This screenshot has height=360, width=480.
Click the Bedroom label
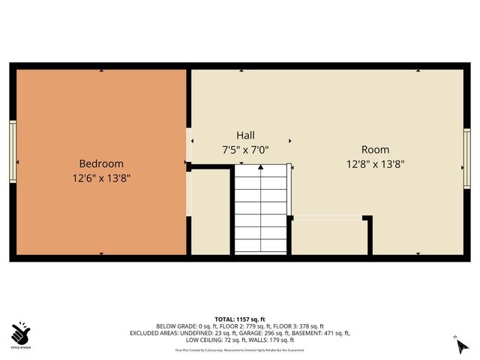coord(101,163)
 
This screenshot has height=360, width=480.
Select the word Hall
coord(245,135)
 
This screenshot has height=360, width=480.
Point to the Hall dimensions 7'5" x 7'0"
coord(245,149)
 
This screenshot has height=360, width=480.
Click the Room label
coord(375,149)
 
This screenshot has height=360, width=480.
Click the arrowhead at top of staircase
coord(260,169)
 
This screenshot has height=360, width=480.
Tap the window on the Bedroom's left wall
coord(12,150)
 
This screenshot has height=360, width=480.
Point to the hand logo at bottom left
coord(20,332)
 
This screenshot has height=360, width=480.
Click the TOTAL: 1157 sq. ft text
coord(240,319)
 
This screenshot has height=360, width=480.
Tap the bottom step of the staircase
coord(260,247)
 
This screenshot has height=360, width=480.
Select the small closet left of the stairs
coord(210,214)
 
